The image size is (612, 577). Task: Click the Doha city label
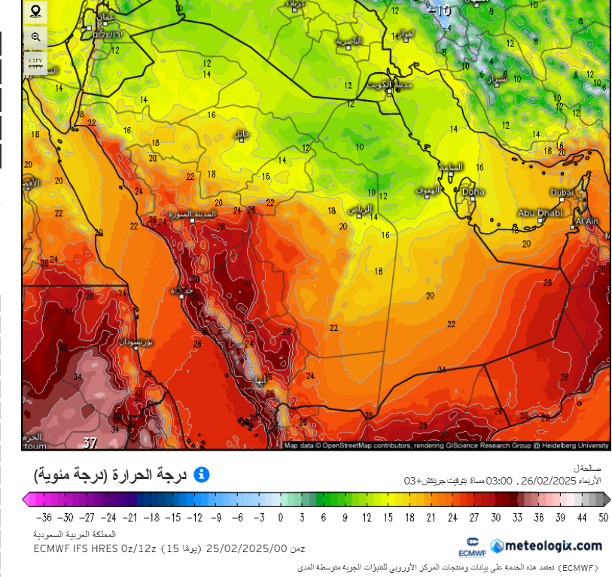473,192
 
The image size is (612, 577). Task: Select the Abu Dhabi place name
536,212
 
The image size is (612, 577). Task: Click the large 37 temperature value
90,442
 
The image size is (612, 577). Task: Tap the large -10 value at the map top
443,11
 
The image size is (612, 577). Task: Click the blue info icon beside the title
202,475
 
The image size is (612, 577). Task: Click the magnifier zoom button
35,37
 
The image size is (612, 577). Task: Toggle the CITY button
35,62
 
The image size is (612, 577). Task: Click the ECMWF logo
473,546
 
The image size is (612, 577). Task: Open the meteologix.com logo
547,545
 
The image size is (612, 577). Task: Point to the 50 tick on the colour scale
603,517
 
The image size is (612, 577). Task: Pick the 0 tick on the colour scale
280,517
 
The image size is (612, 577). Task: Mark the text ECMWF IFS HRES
72,549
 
